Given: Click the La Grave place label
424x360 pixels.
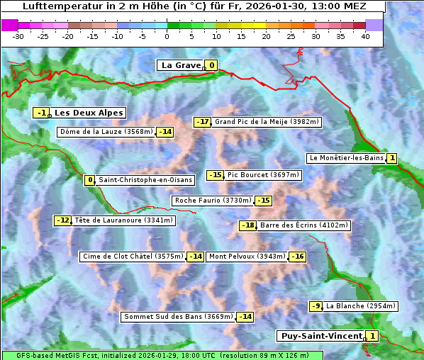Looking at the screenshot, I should [181, 65].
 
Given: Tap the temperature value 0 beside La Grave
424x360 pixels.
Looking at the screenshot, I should [211, 65].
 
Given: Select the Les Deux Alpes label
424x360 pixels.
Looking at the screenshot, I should [89, 113].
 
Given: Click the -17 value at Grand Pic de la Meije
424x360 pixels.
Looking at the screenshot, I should [203, 122].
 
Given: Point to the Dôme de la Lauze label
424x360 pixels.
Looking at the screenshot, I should [106, 132].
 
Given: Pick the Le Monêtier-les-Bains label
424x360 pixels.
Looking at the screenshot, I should [346, 158].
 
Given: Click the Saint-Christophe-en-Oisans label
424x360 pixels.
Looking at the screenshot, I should [145, 180].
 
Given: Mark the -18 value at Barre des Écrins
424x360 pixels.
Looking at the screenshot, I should [247, 225].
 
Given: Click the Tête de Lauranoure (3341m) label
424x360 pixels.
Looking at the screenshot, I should [123, 220].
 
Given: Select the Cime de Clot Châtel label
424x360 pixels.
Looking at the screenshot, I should [133, 257].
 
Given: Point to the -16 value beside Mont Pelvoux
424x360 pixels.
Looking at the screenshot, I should [297, 257].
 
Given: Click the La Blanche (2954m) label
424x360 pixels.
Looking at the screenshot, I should [360, 306].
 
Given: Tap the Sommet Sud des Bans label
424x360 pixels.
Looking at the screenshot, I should [178, 317].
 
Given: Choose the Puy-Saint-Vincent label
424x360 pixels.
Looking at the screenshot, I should [321, 335].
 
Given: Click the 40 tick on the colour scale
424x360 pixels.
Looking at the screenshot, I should [365, 36].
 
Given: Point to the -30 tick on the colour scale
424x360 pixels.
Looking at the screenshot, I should [18, 36].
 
